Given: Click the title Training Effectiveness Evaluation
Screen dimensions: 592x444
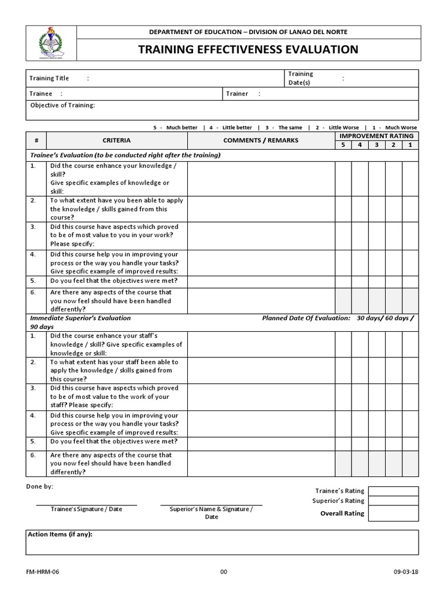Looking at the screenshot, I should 248,49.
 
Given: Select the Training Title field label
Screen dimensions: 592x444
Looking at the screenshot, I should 49,79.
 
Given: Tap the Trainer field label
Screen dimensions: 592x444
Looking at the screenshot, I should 237,94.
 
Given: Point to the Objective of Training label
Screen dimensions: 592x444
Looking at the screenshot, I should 62,105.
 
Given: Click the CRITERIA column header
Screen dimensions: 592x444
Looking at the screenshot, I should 116,140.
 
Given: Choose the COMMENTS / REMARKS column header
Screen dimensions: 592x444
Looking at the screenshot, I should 261,140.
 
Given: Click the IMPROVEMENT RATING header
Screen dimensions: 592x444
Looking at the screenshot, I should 376,136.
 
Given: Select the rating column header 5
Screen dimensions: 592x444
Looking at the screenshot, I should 343,145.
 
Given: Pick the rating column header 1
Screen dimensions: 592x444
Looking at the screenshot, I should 410,145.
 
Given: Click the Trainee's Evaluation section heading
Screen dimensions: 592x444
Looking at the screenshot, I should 125,156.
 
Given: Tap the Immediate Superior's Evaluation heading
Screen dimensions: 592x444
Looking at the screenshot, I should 80,318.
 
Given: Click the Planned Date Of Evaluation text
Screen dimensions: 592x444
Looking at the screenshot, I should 306,318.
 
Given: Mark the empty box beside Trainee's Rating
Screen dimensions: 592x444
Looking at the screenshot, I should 393,491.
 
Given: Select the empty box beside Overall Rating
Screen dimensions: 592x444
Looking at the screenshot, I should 393,513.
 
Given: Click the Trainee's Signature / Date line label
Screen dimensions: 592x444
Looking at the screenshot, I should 87,509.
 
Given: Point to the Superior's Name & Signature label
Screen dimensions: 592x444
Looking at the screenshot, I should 211,509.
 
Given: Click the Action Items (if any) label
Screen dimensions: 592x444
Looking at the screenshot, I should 60,535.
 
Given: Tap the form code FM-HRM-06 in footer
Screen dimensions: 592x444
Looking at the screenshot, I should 43,572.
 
